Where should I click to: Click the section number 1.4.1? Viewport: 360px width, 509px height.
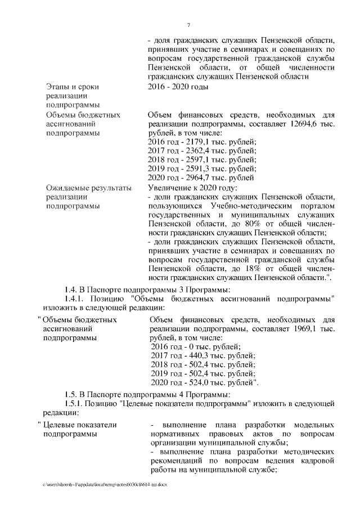74,298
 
